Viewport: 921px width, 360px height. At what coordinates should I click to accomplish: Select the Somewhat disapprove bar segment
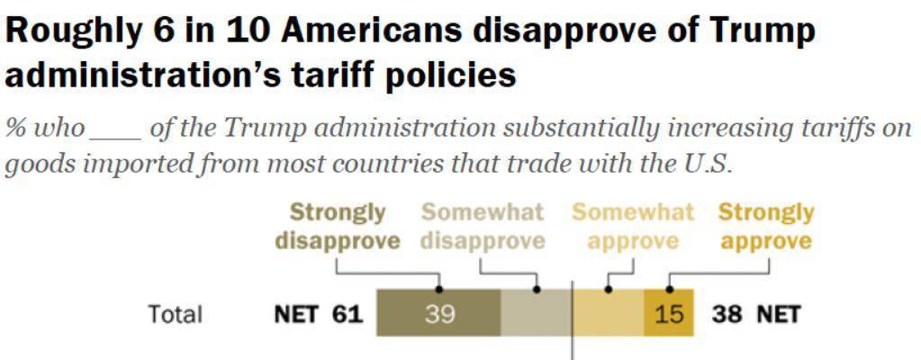(x=536, y=313)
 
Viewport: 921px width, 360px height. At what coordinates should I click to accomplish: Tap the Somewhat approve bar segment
(x=609, y=313)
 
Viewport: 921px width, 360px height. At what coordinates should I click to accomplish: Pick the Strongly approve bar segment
(x=668, y=313)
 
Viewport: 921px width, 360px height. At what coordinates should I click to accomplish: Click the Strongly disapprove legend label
(x=338, y=227)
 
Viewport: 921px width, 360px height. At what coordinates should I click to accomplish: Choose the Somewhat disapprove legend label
(x=483, y=227)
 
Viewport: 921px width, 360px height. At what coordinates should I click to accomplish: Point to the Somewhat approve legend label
(x=633, y=227)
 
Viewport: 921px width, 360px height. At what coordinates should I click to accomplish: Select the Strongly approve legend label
(x=766, y=227)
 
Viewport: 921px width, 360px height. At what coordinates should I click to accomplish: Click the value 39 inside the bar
(x=439, y=314)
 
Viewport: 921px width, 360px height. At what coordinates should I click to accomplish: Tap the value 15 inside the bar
(x=669, y=314)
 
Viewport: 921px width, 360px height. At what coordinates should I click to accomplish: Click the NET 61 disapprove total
(x=318, y=314)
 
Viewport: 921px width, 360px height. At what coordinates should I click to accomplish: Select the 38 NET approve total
(x=755, y=314)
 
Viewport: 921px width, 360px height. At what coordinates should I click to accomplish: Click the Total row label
(x=176, y=314)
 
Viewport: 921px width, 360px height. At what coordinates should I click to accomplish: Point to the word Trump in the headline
(x=762, y=31)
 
